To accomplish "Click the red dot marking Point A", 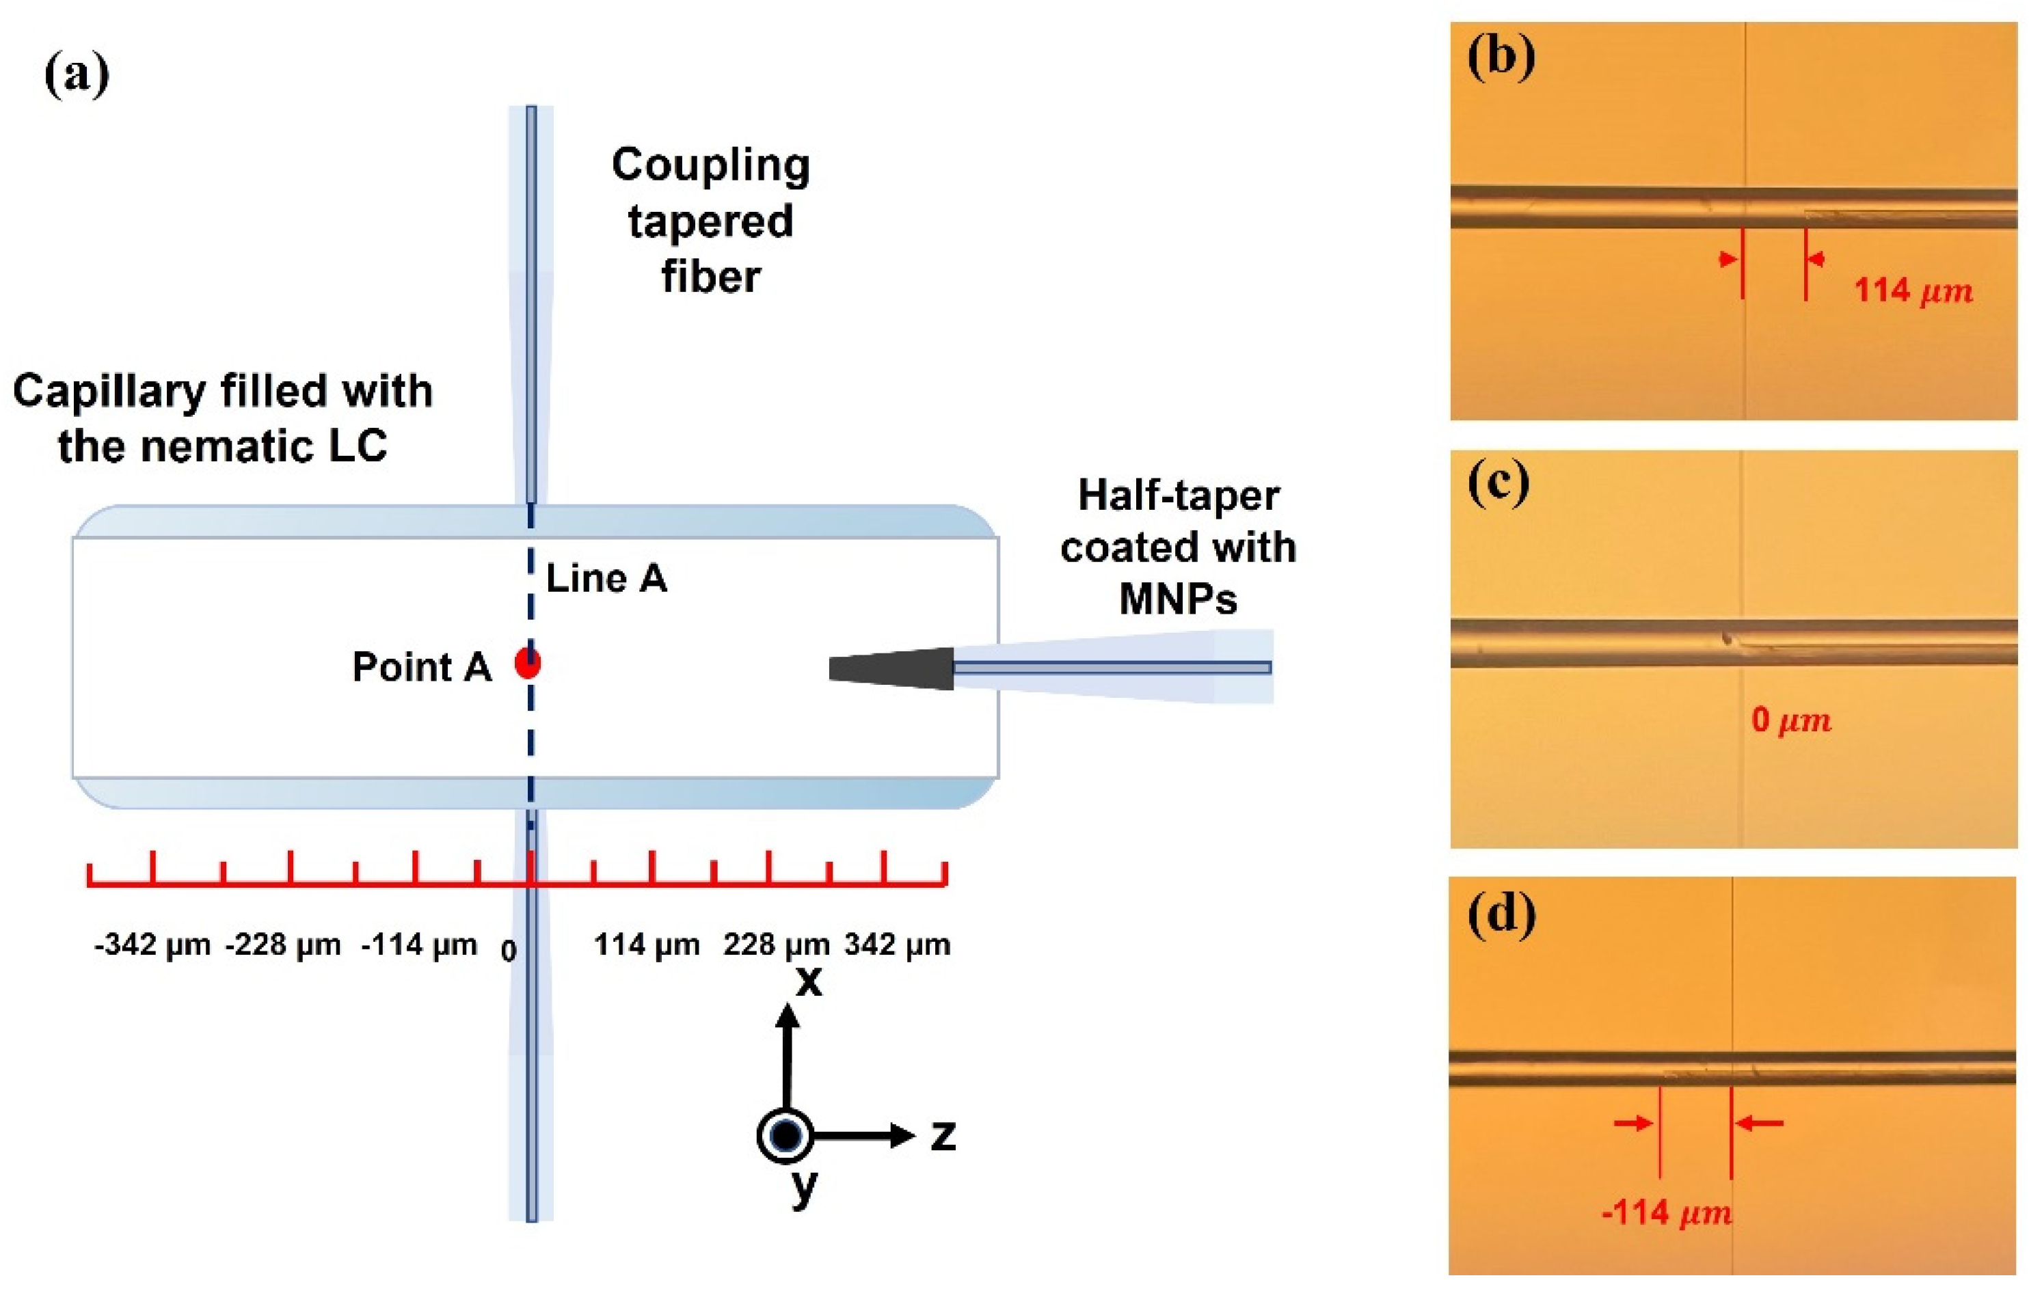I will (x=528, y=663).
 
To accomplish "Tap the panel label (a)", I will (x=77, y=75).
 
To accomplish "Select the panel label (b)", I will (x=1501, y=59).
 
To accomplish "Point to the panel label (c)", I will (x=1498, y=486).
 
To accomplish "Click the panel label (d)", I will (x=1501, y=913).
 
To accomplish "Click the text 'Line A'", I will (x=606, y=579).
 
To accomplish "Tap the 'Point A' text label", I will (x=421, y=667).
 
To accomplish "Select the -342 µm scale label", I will (x=152, y=945).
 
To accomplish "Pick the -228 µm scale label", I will (x=283, y=945).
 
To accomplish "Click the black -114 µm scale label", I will (x=419, y=945).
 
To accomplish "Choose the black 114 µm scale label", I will (x=646, y=945).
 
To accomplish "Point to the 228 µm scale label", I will (x=776, y=945).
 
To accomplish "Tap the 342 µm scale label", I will (x=898, y=945).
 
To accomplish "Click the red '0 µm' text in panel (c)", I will (x=1791, y=720).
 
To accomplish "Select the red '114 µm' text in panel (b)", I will (x=1913, y=290).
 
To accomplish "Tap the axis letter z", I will (x=943, y=1136).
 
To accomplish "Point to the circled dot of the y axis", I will (x=785, y=1135).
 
